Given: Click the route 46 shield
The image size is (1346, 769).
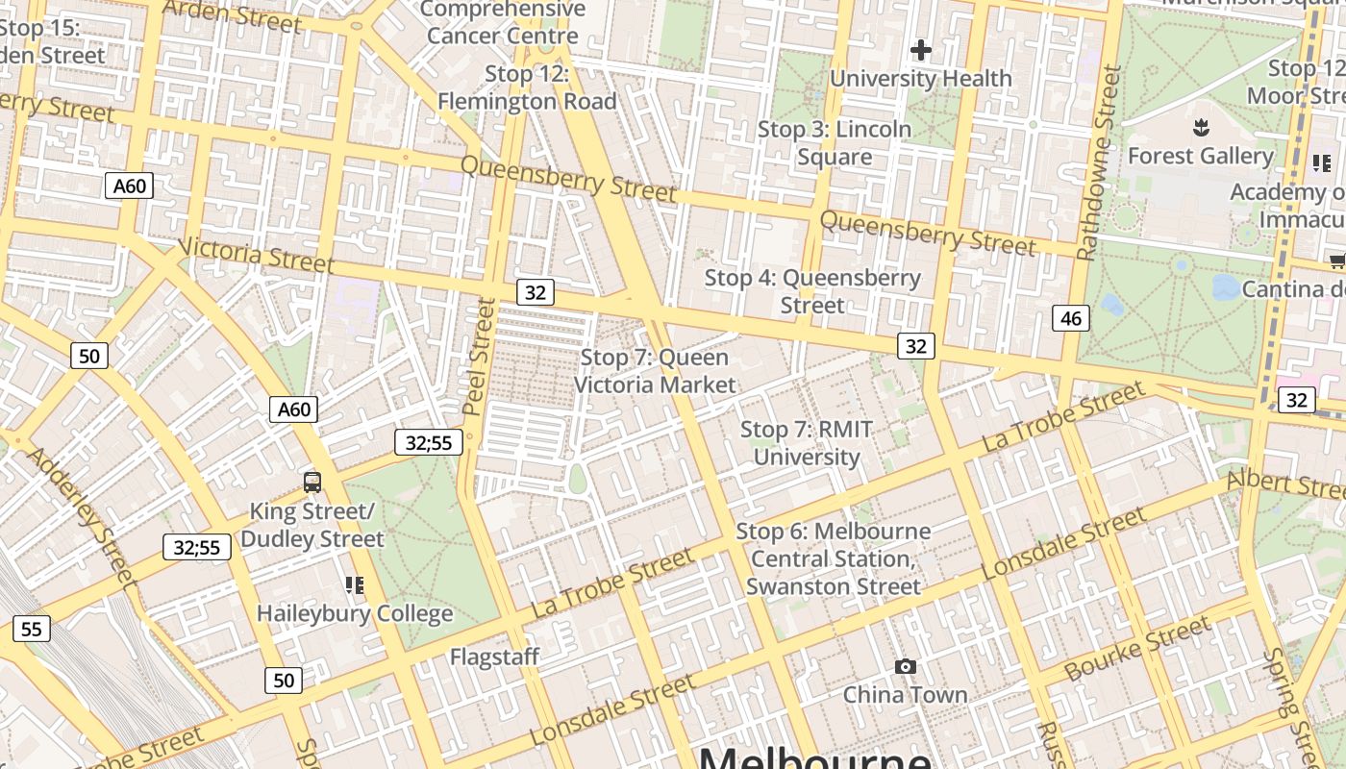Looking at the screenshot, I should pyautogui.click(x=1071, y=318).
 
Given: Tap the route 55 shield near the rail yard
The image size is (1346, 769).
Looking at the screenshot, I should pyautogui.click(x=31, y=630).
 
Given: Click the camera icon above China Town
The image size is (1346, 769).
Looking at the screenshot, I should pyautogui.click(x=905, y=667).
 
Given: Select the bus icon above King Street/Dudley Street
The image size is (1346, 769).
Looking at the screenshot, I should pyautogui.click(x=312, y=483).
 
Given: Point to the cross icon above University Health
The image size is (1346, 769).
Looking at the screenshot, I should pyautogui.click(x=921, y=50).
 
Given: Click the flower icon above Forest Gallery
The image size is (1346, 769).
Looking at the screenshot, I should pyautogui.click(x=1200, y=127).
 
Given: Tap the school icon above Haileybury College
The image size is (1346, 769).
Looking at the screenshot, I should pyautogui.click(x=354, y=584).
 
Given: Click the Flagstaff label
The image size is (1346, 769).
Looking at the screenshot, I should pyautogui.click(x=495, y=657).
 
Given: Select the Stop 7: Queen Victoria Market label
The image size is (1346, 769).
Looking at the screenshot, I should pyautogui.click(x=655, y=371).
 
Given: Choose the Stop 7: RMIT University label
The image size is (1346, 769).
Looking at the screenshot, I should pyautogui.click(x=806, y=443).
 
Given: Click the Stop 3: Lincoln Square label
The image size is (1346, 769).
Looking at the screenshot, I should pyautogui.click(x=835, y=142).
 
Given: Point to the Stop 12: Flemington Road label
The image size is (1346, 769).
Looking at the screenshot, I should pyautogui.click(x=527, y=87).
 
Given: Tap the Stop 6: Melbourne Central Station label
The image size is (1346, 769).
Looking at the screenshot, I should pyautogui.click(x=833, y=558).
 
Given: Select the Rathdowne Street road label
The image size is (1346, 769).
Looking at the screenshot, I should pyautogui.click(x=1101, y=163).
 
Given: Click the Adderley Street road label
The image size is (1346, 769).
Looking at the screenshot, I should pyautogui.click(x=81, y=516).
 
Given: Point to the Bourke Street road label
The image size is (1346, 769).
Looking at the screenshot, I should pyautogui.click(x=1137, y=649).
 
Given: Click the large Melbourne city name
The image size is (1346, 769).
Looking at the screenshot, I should pyautogui.click(x=814, y=757).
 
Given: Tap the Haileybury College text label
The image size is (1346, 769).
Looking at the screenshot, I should pyautogui.click(x=354, y=613).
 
